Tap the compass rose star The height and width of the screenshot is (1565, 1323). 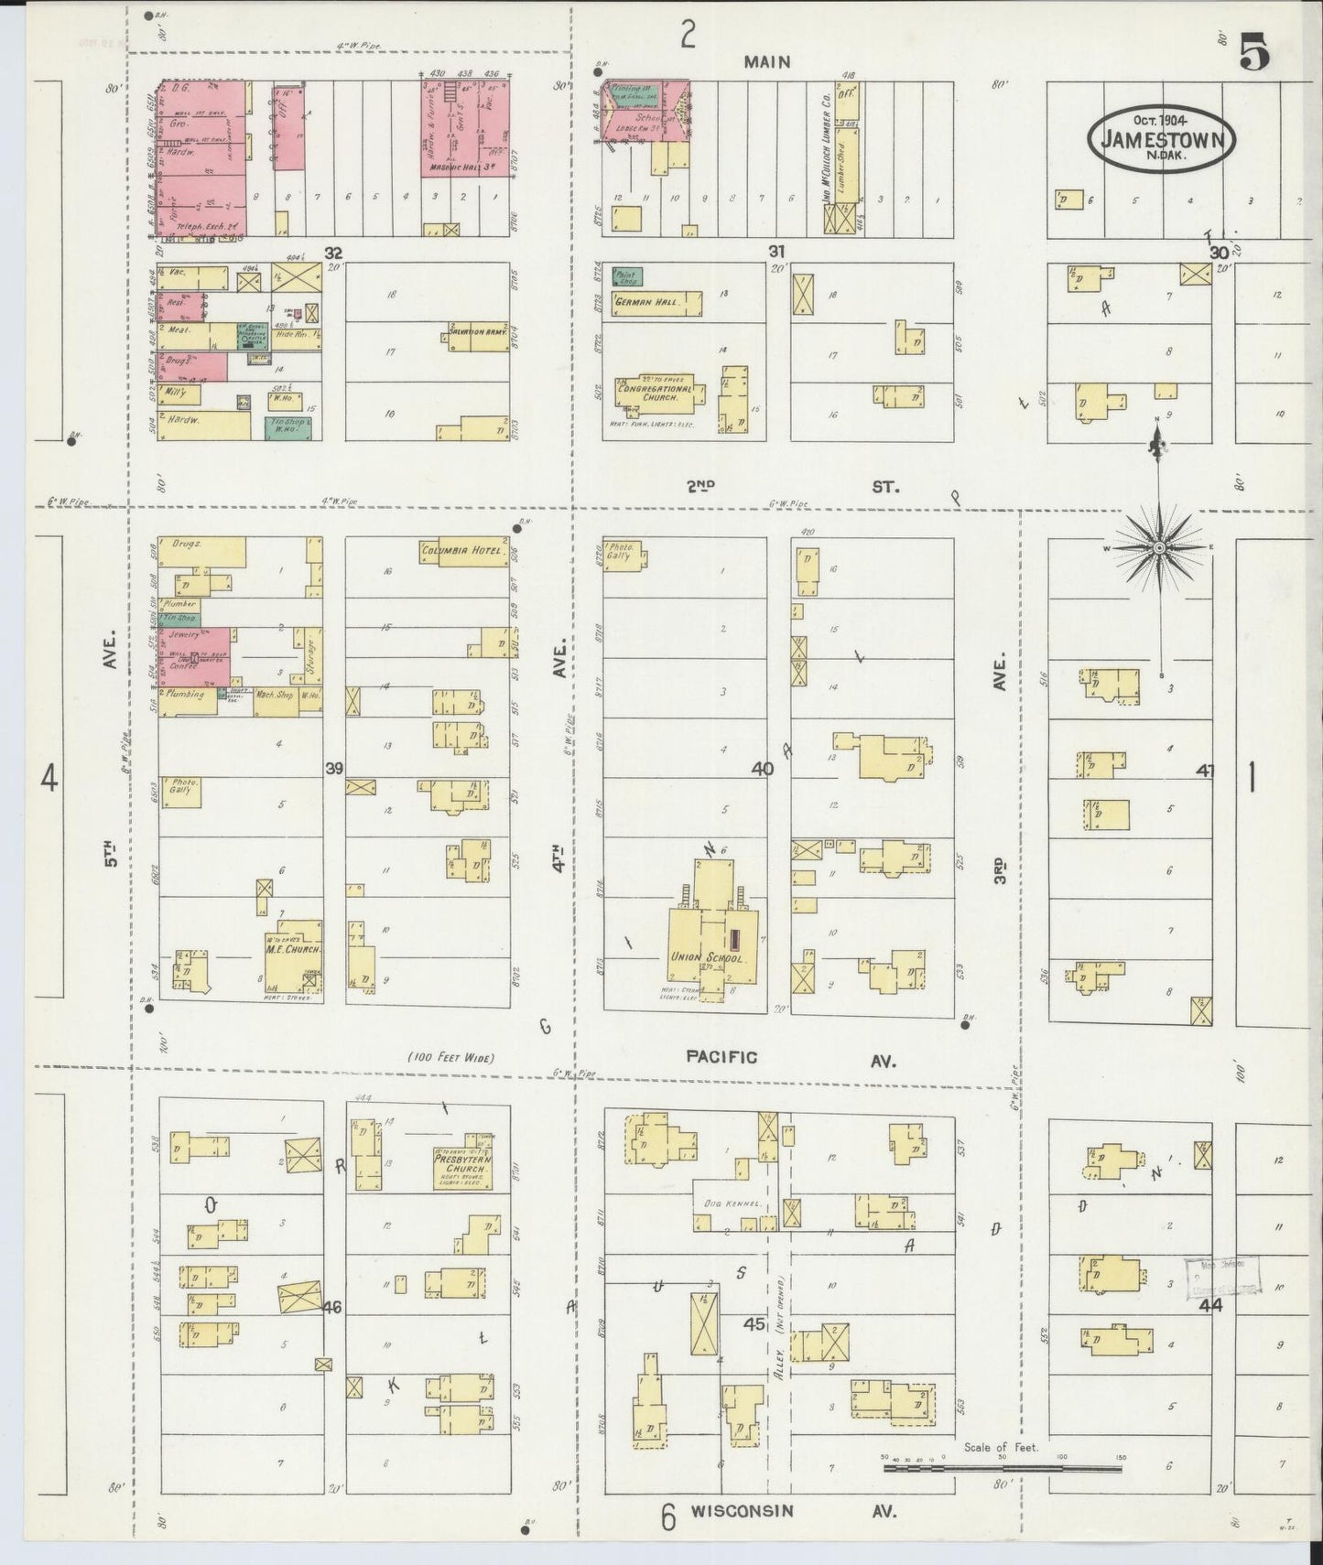(1159, 547)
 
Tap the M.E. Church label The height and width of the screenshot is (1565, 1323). (291, 949)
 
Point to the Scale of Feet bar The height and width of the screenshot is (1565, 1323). (1003, 1469)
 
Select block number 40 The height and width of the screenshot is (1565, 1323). (762, 770)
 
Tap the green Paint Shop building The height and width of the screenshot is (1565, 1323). (627, 275)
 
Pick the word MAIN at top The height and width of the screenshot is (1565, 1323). (766, 62)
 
